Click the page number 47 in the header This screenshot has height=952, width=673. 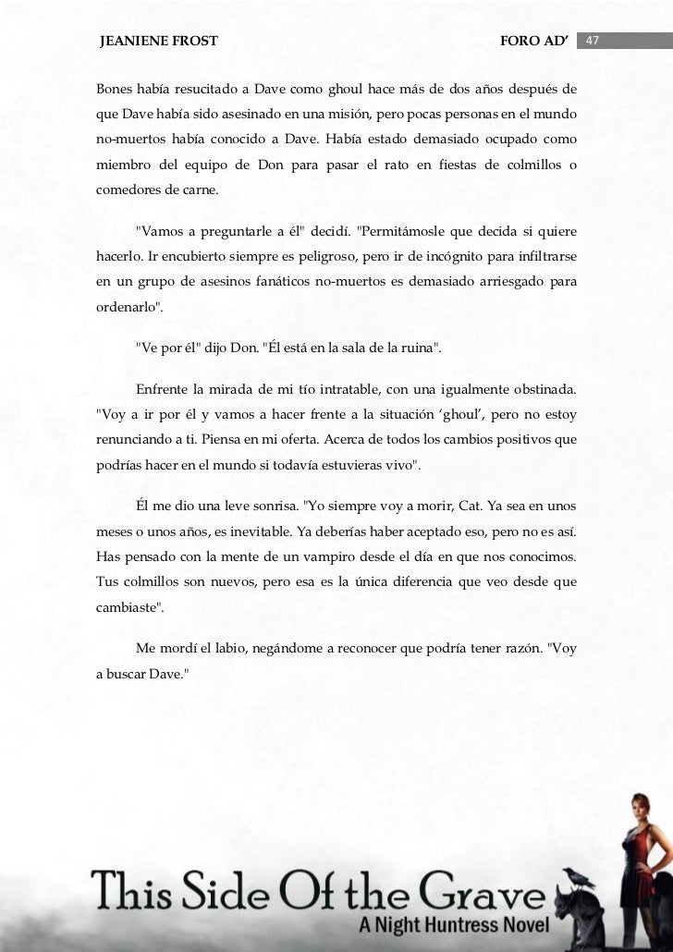593,42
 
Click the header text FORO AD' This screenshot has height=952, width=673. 532,42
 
